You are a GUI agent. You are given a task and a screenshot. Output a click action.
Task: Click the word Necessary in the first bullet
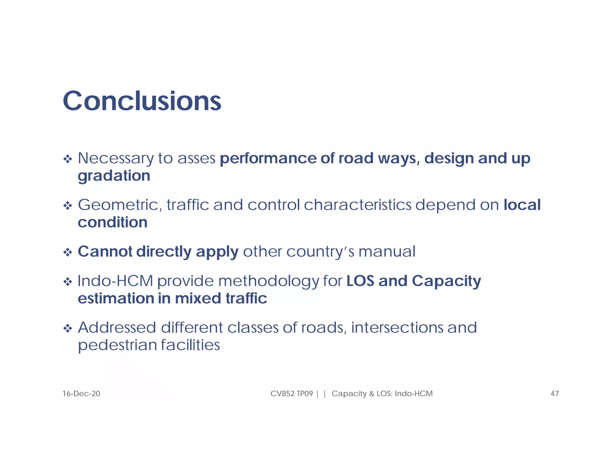coord(115,158)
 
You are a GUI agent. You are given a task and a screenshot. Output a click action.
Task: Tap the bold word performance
coord(268,158)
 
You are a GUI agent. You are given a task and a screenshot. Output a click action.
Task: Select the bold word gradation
coord(114,176)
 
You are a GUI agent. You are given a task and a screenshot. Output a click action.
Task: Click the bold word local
coord(522,205)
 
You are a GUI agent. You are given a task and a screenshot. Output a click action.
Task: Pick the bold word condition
coord(112,222)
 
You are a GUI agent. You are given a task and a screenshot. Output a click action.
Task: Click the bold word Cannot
coord(105,252)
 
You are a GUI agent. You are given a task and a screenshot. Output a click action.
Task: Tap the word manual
coord(387,252)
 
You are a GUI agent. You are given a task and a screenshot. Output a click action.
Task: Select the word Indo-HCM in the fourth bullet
coord(115,281)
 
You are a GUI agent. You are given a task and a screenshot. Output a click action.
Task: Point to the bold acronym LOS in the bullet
coord(360,281)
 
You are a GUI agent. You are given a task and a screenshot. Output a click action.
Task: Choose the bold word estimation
coord(115,298)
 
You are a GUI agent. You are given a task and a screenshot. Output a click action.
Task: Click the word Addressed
coord(117,328)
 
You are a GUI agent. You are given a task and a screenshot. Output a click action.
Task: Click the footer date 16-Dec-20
coord(81,394)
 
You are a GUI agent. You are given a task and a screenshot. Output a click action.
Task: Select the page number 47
coord(554,394)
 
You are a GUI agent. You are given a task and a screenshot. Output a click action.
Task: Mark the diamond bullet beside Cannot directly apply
coord(68,253)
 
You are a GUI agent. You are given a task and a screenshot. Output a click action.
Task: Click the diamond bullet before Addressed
coord(68,329)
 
